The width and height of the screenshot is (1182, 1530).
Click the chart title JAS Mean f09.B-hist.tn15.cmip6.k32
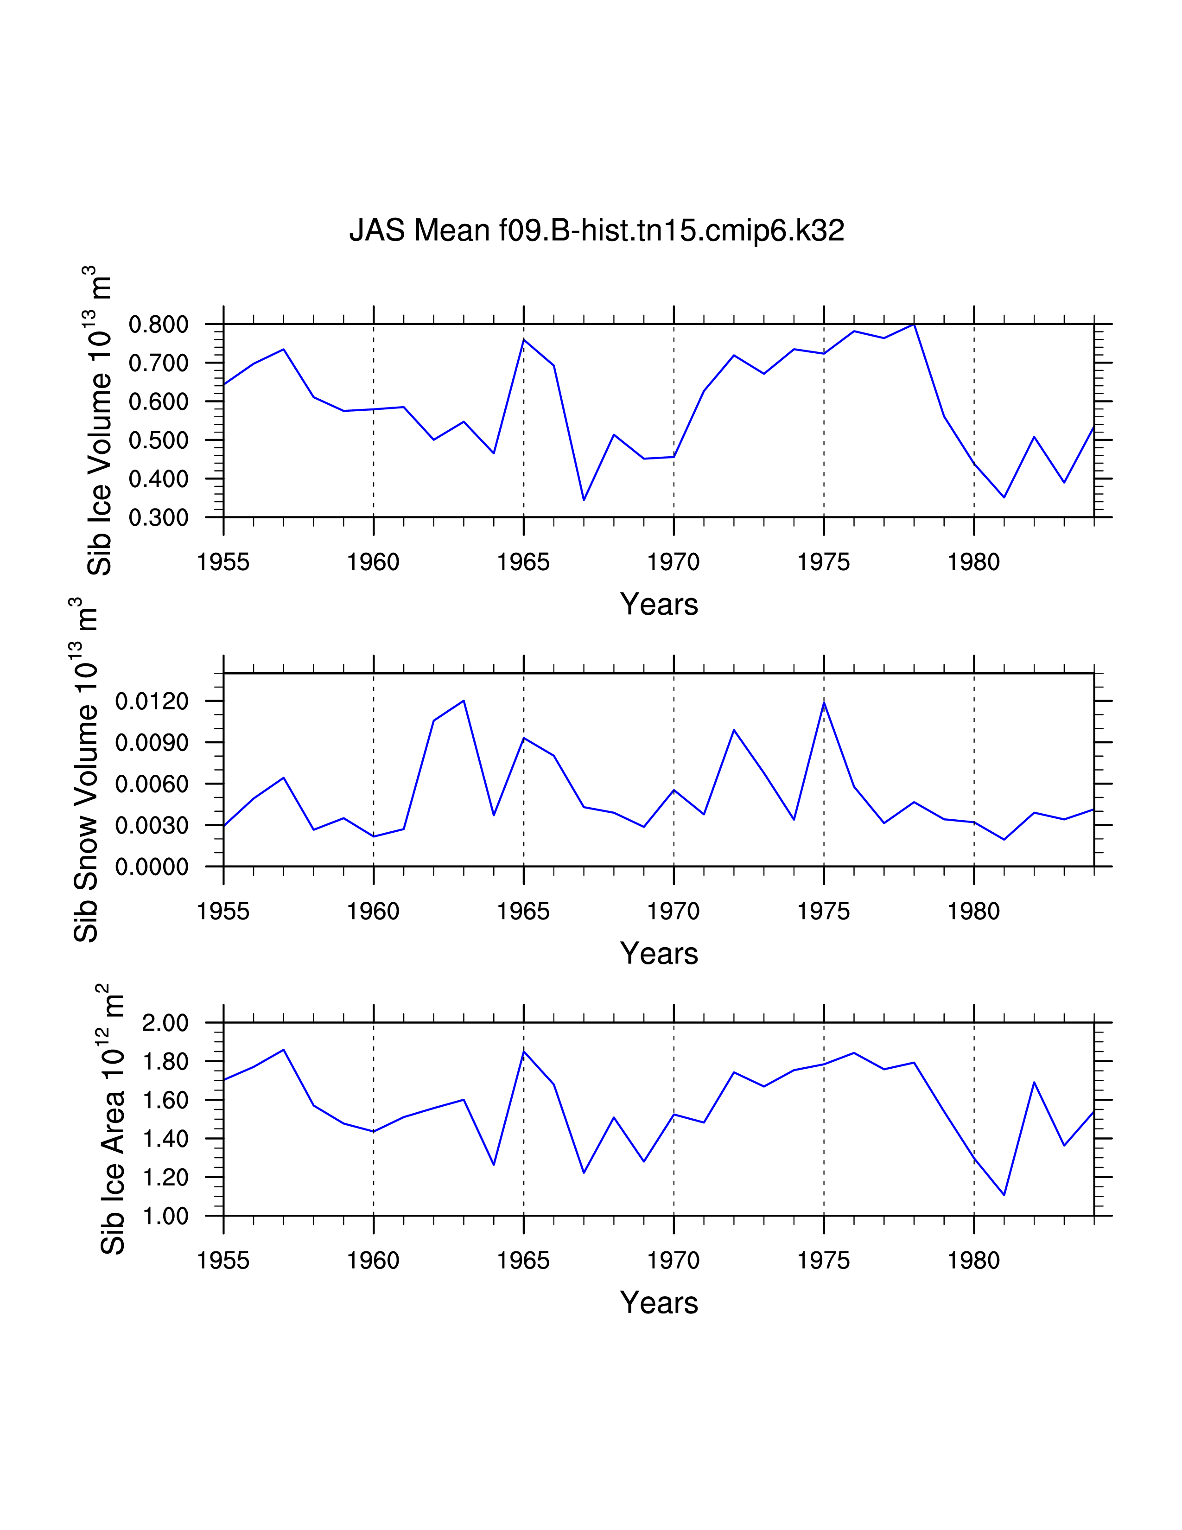click(597, 230)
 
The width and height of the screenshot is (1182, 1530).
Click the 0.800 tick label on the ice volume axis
click(159, 325)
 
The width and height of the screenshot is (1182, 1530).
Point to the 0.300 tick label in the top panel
click(159, 518)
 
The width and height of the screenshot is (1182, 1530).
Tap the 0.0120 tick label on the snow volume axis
click(152, 701)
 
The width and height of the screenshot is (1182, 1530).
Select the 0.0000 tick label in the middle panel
click(152, 867)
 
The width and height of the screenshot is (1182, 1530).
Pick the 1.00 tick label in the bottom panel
click(165, 1216)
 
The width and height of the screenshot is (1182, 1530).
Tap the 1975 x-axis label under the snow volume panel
click(824, 912)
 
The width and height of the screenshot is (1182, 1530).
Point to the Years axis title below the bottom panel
click(659, 1303)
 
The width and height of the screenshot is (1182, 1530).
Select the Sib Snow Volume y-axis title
click(85, 769)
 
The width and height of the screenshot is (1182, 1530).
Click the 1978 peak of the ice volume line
click(914, 324)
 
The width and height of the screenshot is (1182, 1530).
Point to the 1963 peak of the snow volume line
click(464, 701)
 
